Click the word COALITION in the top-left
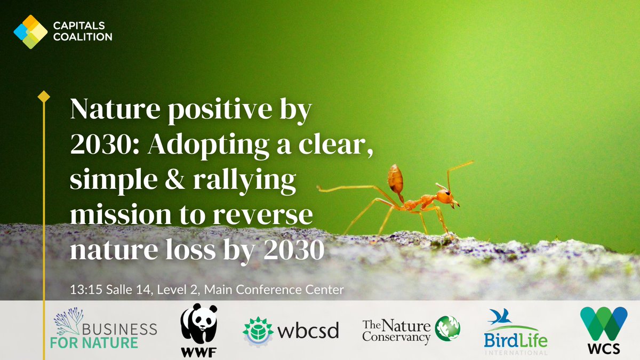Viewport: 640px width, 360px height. [x=83, y=37]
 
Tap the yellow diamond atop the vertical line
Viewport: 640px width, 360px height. [x=44, y=97]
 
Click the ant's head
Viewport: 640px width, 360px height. [x=446, y=197]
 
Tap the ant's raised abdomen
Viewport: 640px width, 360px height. [x=395, y=179]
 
